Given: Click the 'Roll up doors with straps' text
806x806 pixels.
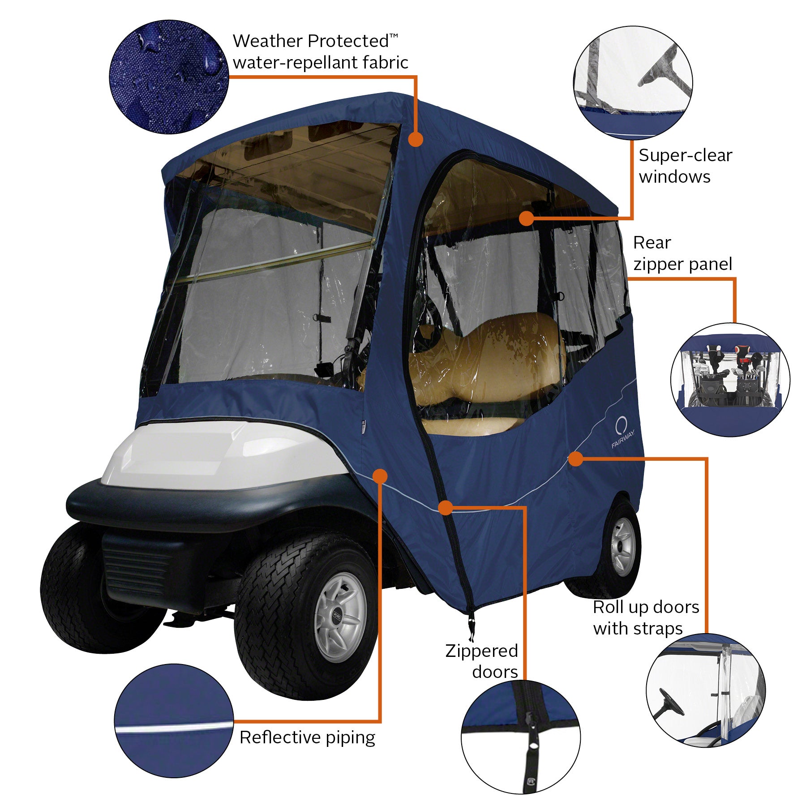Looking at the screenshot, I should [x=645, y=617].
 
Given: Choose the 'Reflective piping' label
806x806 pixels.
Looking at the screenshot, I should [x=307, y=737].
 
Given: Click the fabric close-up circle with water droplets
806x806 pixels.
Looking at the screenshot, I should [x=169, y=77].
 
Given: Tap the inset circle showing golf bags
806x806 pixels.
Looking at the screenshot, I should [x=730, y=380].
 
